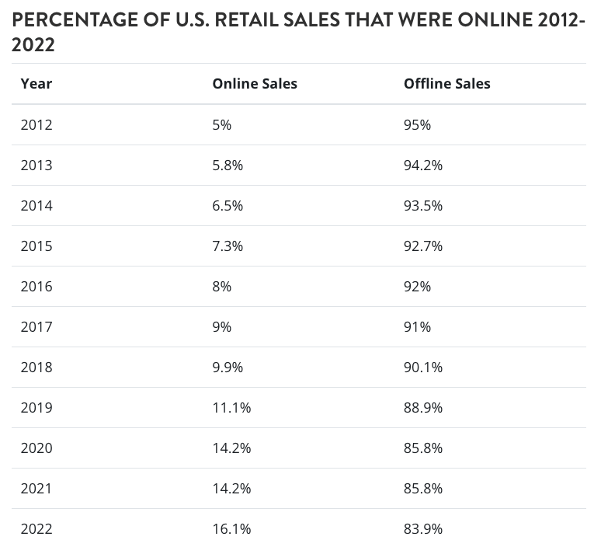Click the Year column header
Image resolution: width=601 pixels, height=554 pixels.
pyautogui.click(x=36, y=84)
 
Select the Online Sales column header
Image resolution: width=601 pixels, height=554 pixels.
pyautogui.click(x=255, y=84)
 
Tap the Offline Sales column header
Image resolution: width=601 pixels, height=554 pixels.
pyautogui.click(x=446, y=84)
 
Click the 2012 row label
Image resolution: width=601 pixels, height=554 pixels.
pyautogui.click(x=36, y=124)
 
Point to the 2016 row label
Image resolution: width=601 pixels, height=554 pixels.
pyautogui.click(x=36, y=286)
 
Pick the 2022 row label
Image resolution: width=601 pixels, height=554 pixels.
pyautogui.click(x=36, y=528)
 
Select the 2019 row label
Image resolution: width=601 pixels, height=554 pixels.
pyautogui.click(x=36, y=407)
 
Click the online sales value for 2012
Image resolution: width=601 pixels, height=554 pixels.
pyautogui.click(x=221, y=124)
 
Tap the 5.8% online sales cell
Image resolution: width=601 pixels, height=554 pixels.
pyautogui.click(x=228, y=165)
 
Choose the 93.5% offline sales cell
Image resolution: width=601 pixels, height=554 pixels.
pyautogui.click(x=422, y=205)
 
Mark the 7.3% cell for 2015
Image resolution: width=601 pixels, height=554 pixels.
pyautogui.click(x=228, y=246)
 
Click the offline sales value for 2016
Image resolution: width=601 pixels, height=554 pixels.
pyautogui.click(x=417, y=286)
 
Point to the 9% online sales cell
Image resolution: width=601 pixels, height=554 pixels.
pyautogui.click(x=221, y=326)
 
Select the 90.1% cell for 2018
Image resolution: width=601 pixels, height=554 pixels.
pyautogui.click(x=422, y=367)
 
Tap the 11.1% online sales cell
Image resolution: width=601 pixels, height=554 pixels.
pyautogui.click(x=231, y=407)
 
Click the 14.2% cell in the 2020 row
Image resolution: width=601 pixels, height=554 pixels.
pyautogui.click(x=231, y=448)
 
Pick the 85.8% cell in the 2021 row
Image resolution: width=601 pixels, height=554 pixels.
pyautogui.click(x=422, y=488)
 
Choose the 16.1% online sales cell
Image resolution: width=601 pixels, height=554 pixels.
pyautogui.click(x=231, y=528)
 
